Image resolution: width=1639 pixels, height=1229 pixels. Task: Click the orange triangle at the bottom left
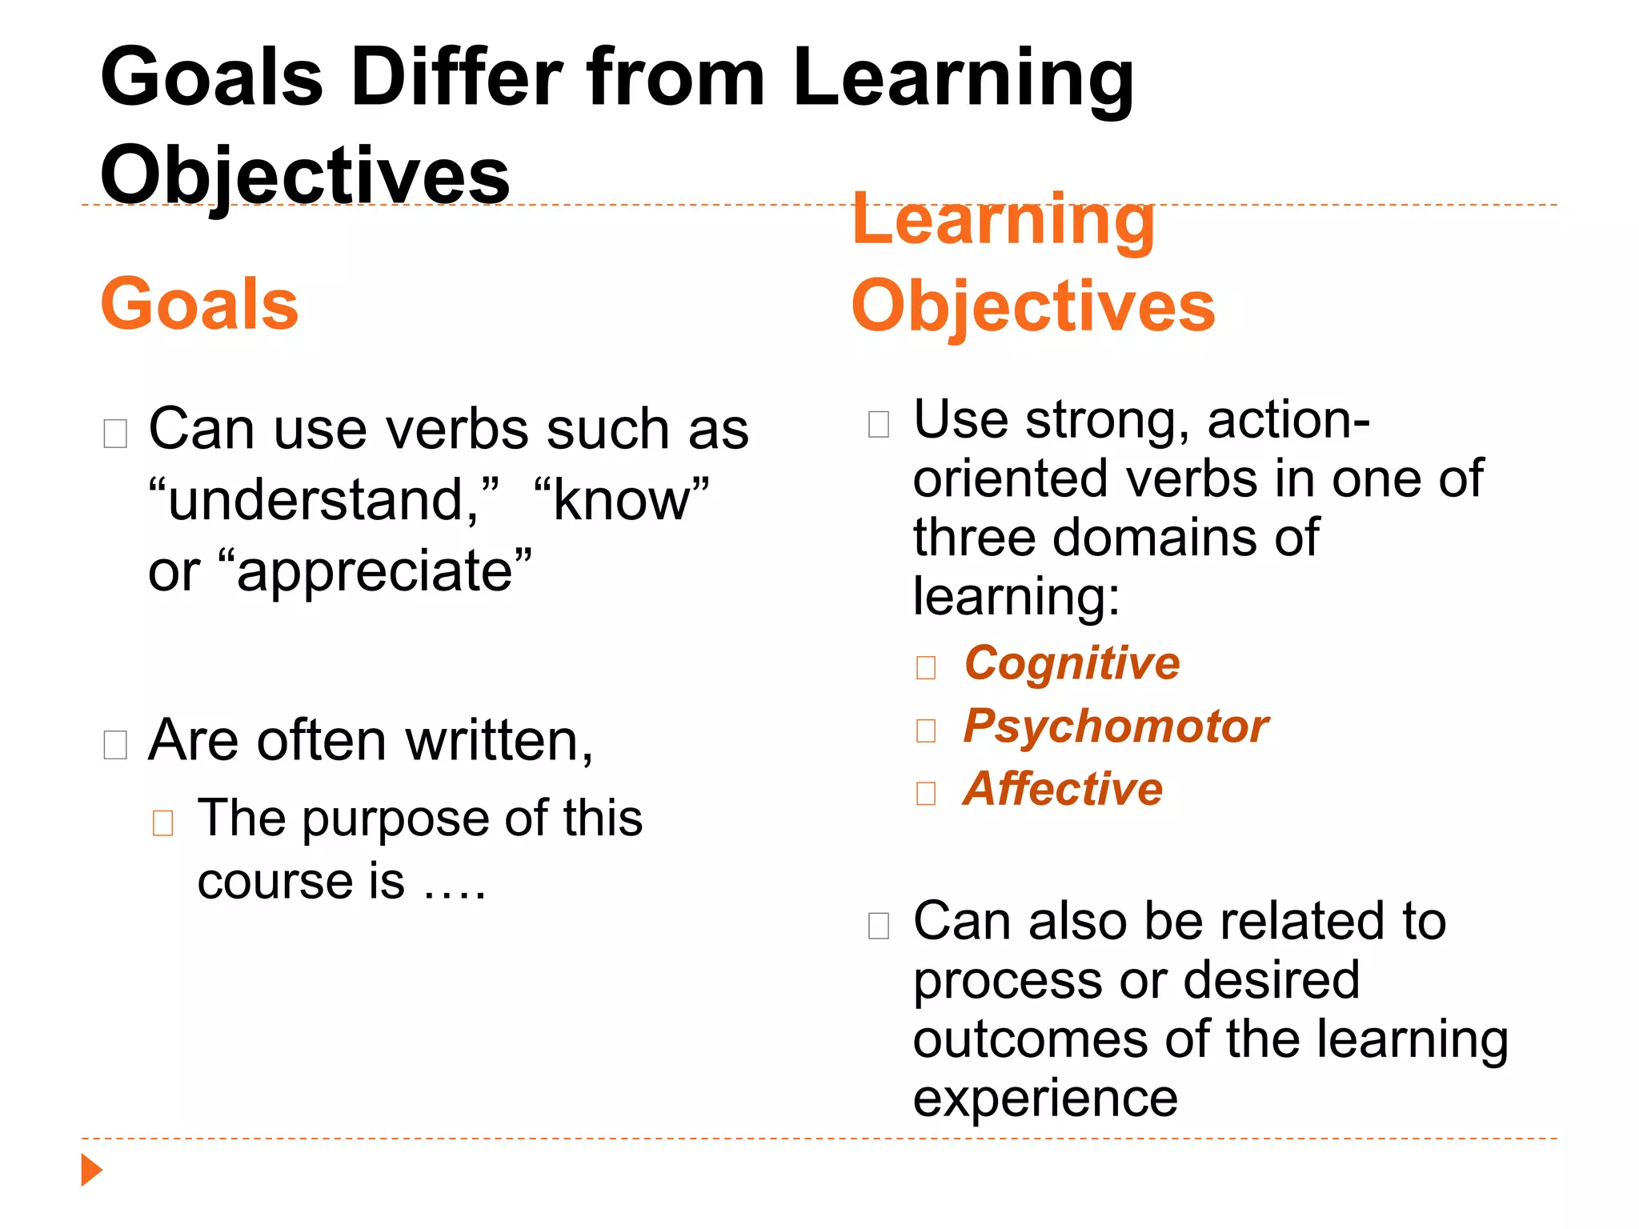[x=91, y=1170]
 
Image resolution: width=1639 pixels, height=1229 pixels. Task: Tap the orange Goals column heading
[x=199, y=304]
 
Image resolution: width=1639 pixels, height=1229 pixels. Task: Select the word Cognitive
[x=1072, y=664]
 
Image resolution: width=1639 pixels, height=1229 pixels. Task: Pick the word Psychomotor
[x=1116, y=727]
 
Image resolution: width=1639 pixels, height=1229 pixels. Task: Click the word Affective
[x=1063, y=789]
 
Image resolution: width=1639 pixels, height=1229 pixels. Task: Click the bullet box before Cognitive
[x=926, y=667]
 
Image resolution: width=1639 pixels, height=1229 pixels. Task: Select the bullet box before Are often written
[x=115, y=745]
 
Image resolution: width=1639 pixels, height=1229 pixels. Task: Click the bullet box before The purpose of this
[x=162, y=823]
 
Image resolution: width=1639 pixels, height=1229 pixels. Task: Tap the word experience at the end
[x=1045, y=1098]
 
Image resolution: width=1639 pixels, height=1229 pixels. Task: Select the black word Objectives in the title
[x=305, y=175]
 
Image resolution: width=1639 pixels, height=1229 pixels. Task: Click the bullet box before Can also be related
[x=878, y=926]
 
